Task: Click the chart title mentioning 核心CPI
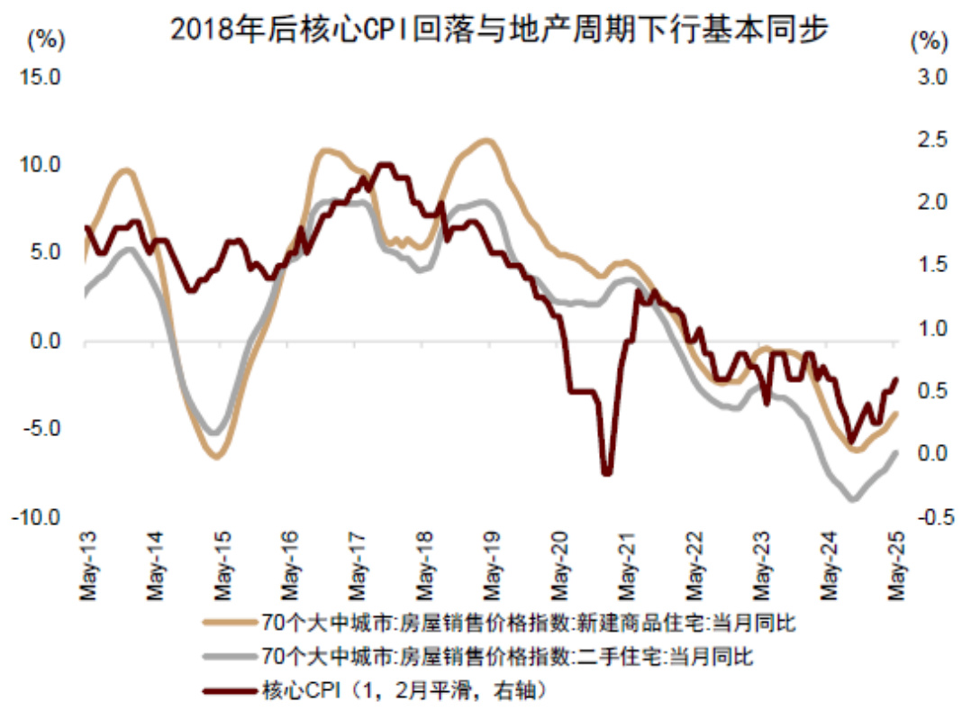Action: [499, 31]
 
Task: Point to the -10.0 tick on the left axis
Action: [36, 517]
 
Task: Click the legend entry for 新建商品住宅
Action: [527, 623]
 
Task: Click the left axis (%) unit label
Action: [47, 39]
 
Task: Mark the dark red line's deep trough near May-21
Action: [607, 471]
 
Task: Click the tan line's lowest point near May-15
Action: [216, 457]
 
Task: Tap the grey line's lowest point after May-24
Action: [852, 498]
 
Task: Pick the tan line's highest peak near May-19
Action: [486, 141]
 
